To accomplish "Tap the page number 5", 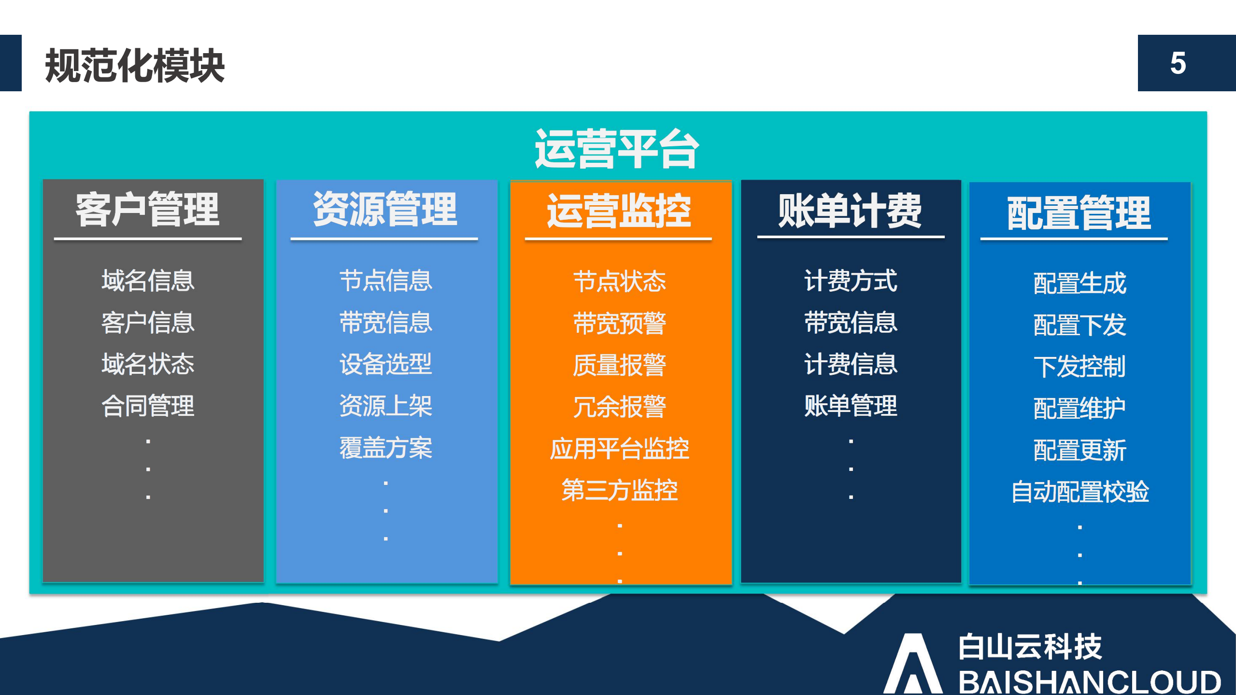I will tap(1178, 63).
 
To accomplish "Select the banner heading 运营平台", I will tap(617, 149).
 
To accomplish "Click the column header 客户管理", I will tap(147, 210).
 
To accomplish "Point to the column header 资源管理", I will tap(385, 210).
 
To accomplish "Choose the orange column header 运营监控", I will tap(619, 211).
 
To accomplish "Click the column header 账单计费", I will tap(850, 211).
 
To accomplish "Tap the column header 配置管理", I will tap(1079, 213).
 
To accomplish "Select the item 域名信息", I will tap(148, 281).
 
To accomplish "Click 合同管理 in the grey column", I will tap(148, 406).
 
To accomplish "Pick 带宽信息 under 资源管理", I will tap(385, 323).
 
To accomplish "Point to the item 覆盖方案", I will tap(385, 448).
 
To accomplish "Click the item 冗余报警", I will tap(619, 407).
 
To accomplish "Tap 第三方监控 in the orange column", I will tap(619, 490).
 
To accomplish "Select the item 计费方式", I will tap(851, 281).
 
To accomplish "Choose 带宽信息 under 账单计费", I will tap(851, 323).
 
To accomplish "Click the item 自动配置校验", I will tap(1080, 492).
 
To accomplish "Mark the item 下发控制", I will tap(1080, 367).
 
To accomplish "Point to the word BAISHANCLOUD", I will tap(1089, 681).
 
